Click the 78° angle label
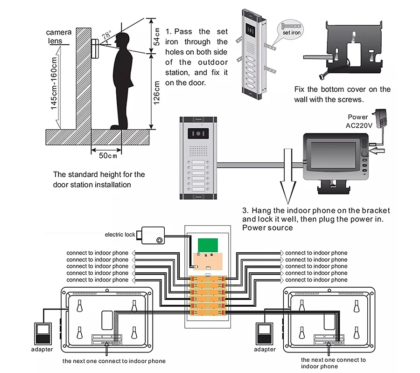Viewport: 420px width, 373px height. click(106, 35)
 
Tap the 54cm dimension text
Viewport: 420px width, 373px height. click(156, 37)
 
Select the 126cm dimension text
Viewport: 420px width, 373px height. click(156, 93)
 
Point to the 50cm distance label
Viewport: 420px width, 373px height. click(108, 155)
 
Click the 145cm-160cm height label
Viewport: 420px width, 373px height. click(54, 83)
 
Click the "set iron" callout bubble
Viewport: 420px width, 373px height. click(291, 29)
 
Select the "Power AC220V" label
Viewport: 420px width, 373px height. click(359, 121)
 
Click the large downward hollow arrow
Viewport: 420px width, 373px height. click(288, 176)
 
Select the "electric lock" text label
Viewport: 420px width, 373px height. click(120, 235)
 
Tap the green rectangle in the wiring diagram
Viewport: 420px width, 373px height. click(208, 245)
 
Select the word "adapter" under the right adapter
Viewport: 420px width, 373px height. click(265, 349)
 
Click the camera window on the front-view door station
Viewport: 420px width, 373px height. click(198, 134)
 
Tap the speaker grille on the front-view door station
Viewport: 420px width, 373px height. click(198, 151)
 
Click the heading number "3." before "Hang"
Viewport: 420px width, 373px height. click(245, 211)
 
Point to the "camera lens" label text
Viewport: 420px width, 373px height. click(59, 36)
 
